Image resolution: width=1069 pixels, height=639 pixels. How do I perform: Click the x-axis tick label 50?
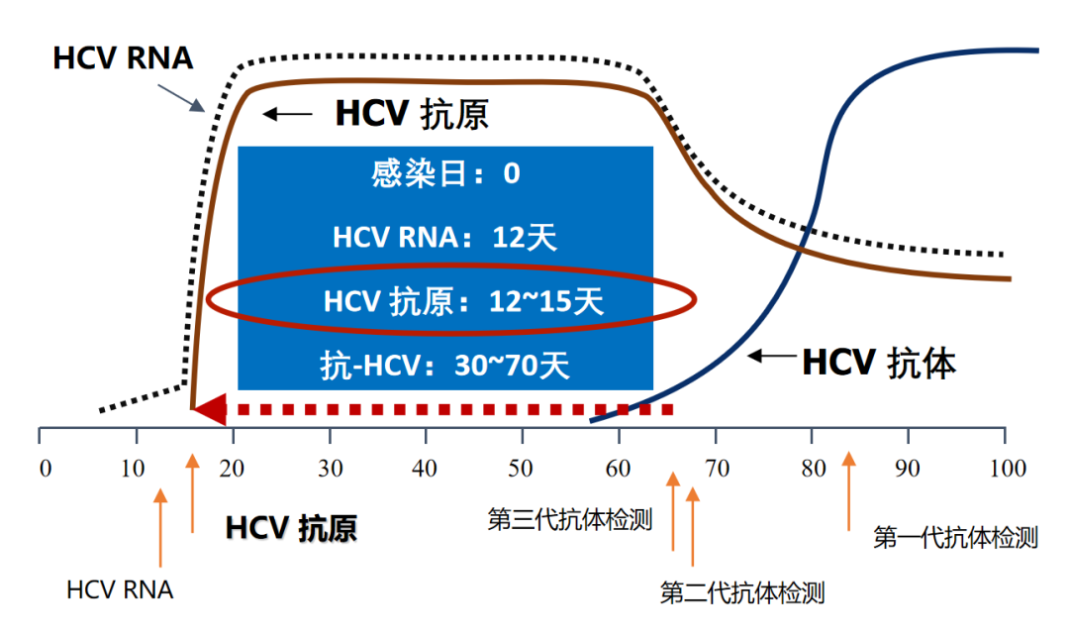coord(522,468)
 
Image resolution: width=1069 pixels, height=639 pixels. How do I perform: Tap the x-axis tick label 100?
coord(1008,468)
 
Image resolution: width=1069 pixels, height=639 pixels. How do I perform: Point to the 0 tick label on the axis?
coord(44,468)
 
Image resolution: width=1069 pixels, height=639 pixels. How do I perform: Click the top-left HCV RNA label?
coord(123,57)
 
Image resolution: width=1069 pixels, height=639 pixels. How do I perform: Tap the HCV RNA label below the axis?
coord(120,590)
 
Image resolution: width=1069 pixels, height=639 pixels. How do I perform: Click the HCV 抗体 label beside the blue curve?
coord(879,363)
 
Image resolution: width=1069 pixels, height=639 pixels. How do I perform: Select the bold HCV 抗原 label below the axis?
coord(291,527)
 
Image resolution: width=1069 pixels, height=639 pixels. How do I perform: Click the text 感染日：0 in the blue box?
coord(445,174)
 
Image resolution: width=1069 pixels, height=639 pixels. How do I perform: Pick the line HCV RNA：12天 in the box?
coord(445,238)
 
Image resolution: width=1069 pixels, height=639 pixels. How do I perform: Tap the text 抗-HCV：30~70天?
coord(445,367)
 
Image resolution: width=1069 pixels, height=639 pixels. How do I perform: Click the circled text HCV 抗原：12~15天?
coord(462,301)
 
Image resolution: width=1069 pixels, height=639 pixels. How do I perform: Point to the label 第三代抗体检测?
coord(570,519)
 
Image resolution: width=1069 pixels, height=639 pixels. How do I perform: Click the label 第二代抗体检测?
coord(742,593)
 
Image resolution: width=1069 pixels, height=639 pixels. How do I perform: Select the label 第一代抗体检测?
coord(955,538)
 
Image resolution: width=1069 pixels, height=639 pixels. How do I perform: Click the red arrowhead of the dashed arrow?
coord(209,409)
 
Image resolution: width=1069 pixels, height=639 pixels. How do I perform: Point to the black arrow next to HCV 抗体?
coord(768,356)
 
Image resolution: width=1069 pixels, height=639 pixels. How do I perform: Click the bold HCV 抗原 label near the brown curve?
coord(412,114)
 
